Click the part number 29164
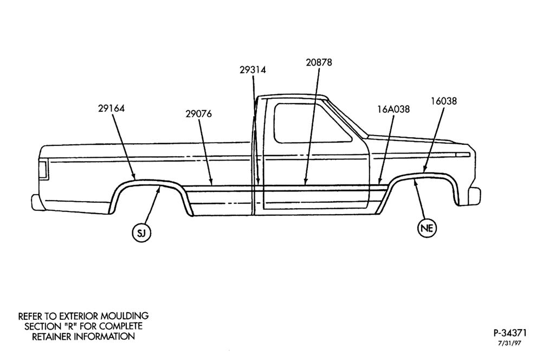tap(111, 108)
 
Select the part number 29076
tap(199, 114)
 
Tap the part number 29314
tap(253, 70)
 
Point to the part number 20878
tap(319, 62)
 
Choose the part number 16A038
tap(393, 110)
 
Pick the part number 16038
tap(444, 101)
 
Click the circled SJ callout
tap(141, 233)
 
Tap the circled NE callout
tap(427, 228)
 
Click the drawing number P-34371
tap(510, 333)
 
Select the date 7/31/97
tap(509, 343)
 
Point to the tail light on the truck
tap(43, 170)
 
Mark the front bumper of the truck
tap(475, 196)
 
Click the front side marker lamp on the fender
tap(462, 155)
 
